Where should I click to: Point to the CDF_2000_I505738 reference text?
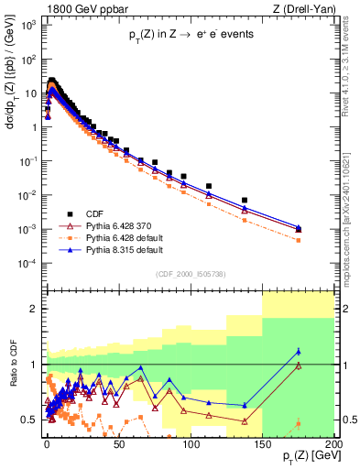click(188, 273)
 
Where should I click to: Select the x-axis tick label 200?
click(333, 443)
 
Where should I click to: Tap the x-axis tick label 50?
click(118, 443)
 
